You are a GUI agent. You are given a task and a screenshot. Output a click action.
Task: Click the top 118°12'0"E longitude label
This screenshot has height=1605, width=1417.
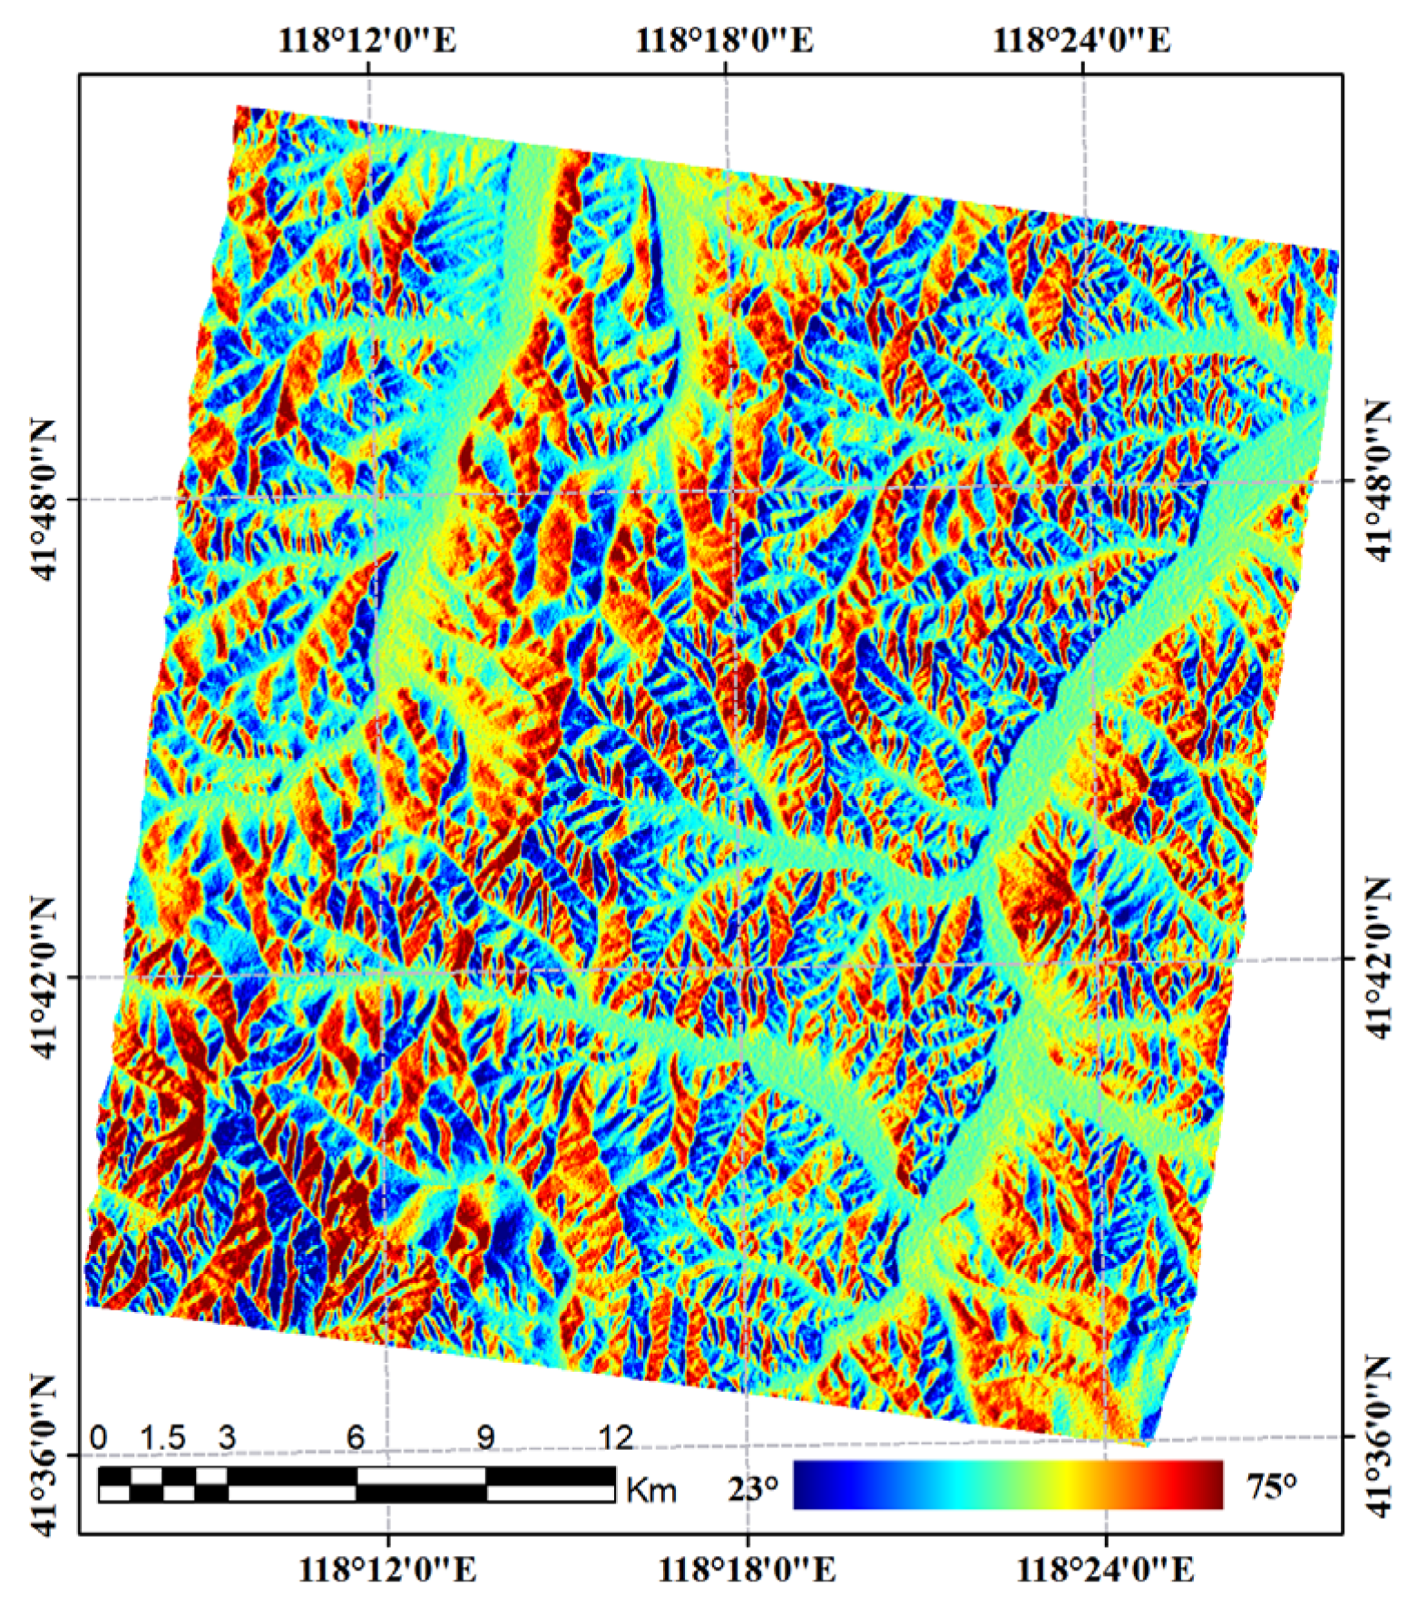(366, 41)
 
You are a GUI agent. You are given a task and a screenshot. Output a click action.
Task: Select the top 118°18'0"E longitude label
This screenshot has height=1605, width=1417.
(724, 41)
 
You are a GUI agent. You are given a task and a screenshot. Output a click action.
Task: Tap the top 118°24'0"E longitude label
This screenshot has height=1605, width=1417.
(1081, 41)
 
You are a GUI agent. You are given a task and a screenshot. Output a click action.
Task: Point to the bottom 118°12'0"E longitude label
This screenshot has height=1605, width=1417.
(387, 1570)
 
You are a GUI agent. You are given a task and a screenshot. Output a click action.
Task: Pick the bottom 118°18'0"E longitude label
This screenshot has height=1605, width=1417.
(747, 1570)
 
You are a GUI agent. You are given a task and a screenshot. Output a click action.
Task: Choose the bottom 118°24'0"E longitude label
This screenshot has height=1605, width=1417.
(1104, 1570)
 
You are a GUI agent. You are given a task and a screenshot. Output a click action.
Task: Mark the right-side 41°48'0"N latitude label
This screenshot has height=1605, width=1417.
(1378, 481)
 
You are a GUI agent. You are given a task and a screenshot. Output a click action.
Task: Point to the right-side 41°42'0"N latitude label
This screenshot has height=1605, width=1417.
(1378, 958)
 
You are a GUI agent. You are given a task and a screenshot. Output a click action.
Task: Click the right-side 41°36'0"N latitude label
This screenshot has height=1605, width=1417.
(1378, 1436)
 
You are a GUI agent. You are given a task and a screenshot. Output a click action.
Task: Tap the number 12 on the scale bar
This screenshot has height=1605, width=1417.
(615, 1437)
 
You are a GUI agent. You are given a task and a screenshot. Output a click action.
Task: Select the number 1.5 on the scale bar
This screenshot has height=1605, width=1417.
(163, 1437)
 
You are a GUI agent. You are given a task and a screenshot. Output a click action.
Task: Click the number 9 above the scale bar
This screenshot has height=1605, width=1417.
(486, 1437)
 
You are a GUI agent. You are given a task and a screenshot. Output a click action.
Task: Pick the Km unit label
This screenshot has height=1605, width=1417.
(650, 1490)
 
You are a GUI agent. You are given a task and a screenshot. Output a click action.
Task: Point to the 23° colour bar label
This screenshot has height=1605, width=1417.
(753, 1487)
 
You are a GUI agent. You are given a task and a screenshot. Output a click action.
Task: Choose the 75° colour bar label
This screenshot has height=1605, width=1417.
(1271, 1485)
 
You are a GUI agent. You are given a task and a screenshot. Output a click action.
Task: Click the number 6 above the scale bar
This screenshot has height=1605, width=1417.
(356, 1437)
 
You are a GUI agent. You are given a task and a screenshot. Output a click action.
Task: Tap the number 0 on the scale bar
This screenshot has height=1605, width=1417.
(99, 1437)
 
